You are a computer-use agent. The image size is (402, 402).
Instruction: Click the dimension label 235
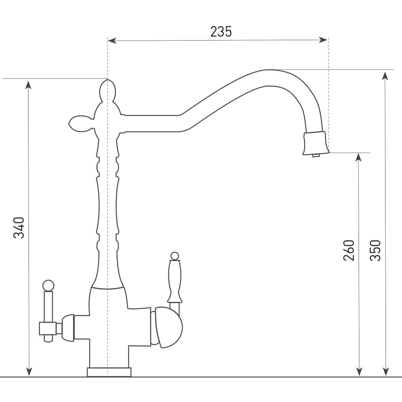[221, 32]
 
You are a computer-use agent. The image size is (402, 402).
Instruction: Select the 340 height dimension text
[19, 228]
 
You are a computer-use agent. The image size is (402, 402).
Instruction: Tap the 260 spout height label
[349, 250]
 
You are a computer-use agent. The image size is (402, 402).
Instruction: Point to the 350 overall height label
[375, 250]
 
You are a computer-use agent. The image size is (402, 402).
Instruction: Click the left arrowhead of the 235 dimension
[112, 41]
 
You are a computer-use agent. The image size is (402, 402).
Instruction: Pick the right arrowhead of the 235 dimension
[324, 40]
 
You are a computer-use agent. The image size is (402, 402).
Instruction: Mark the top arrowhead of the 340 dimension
[29, 84]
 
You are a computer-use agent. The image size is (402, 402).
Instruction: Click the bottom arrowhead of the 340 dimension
[29, 372]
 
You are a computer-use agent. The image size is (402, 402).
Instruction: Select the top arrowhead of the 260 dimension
[359, 157]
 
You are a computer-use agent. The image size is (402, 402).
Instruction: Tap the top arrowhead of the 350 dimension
[385, 76]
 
